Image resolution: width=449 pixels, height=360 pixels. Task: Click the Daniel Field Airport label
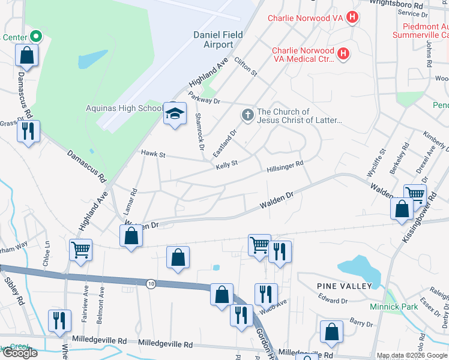(x=217, y=40)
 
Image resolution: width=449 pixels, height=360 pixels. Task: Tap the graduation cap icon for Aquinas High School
(x=174, y=113)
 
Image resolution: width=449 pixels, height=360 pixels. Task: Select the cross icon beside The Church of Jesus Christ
(x=247, y=114)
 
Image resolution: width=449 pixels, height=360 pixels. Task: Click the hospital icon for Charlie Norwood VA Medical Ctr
(x=343, y=54)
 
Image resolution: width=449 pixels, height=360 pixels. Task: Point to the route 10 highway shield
(x=151, y=283)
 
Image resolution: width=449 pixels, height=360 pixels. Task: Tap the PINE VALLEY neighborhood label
(x=345, y=286)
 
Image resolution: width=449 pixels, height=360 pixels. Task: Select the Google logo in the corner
(x=20, y=353)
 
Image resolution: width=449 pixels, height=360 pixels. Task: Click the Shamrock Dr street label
(x=200, y=131)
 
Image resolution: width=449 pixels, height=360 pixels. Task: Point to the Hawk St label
(x=152, y=154)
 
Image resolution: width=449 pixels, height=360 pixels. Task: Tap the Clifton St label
(x=246, y=67)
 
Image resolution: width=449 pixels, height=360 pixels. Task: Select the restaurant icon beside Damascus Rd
(x=28, y=131)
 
